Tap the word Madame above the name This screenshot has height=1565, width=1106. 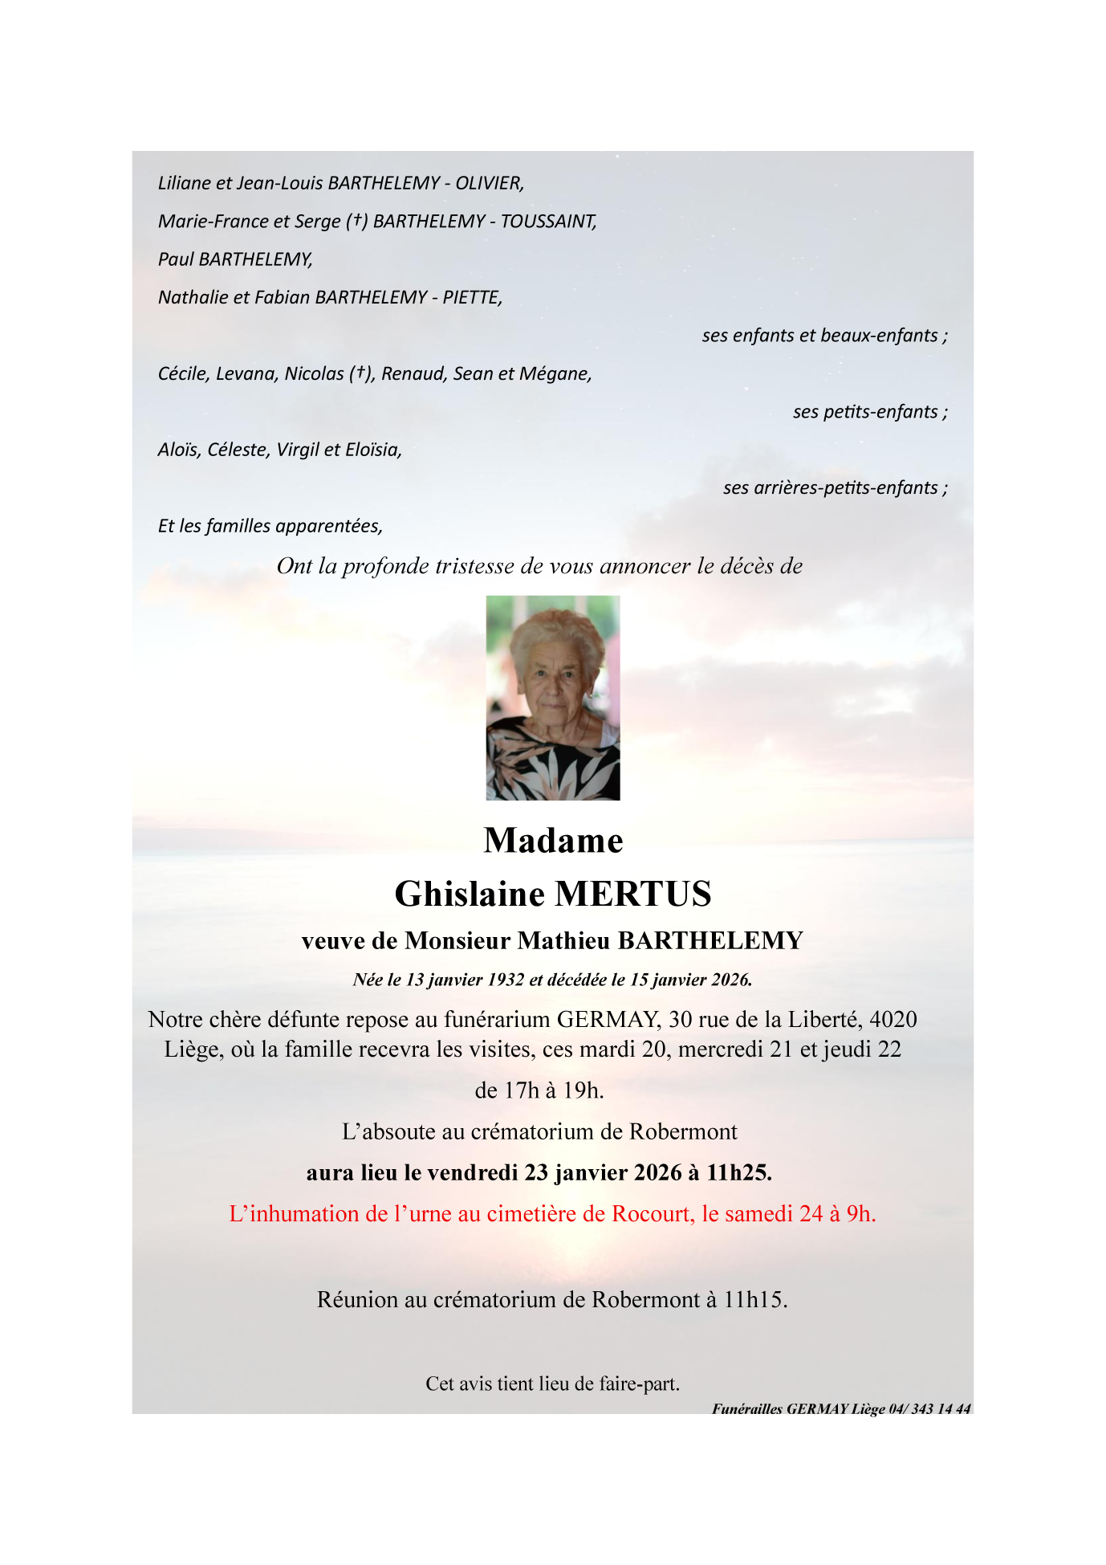(553, 841)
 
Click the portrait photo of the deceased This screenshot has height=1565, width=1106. (553, 698)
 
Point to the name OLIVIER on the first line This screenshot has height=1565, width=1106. (489, 183)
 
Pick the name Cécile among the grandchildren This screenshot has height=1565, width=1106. (183, 374)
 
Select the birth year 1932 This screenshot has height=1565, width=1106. (506, 980)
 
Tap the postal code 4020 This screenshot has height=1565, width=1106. (893, 1020)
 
